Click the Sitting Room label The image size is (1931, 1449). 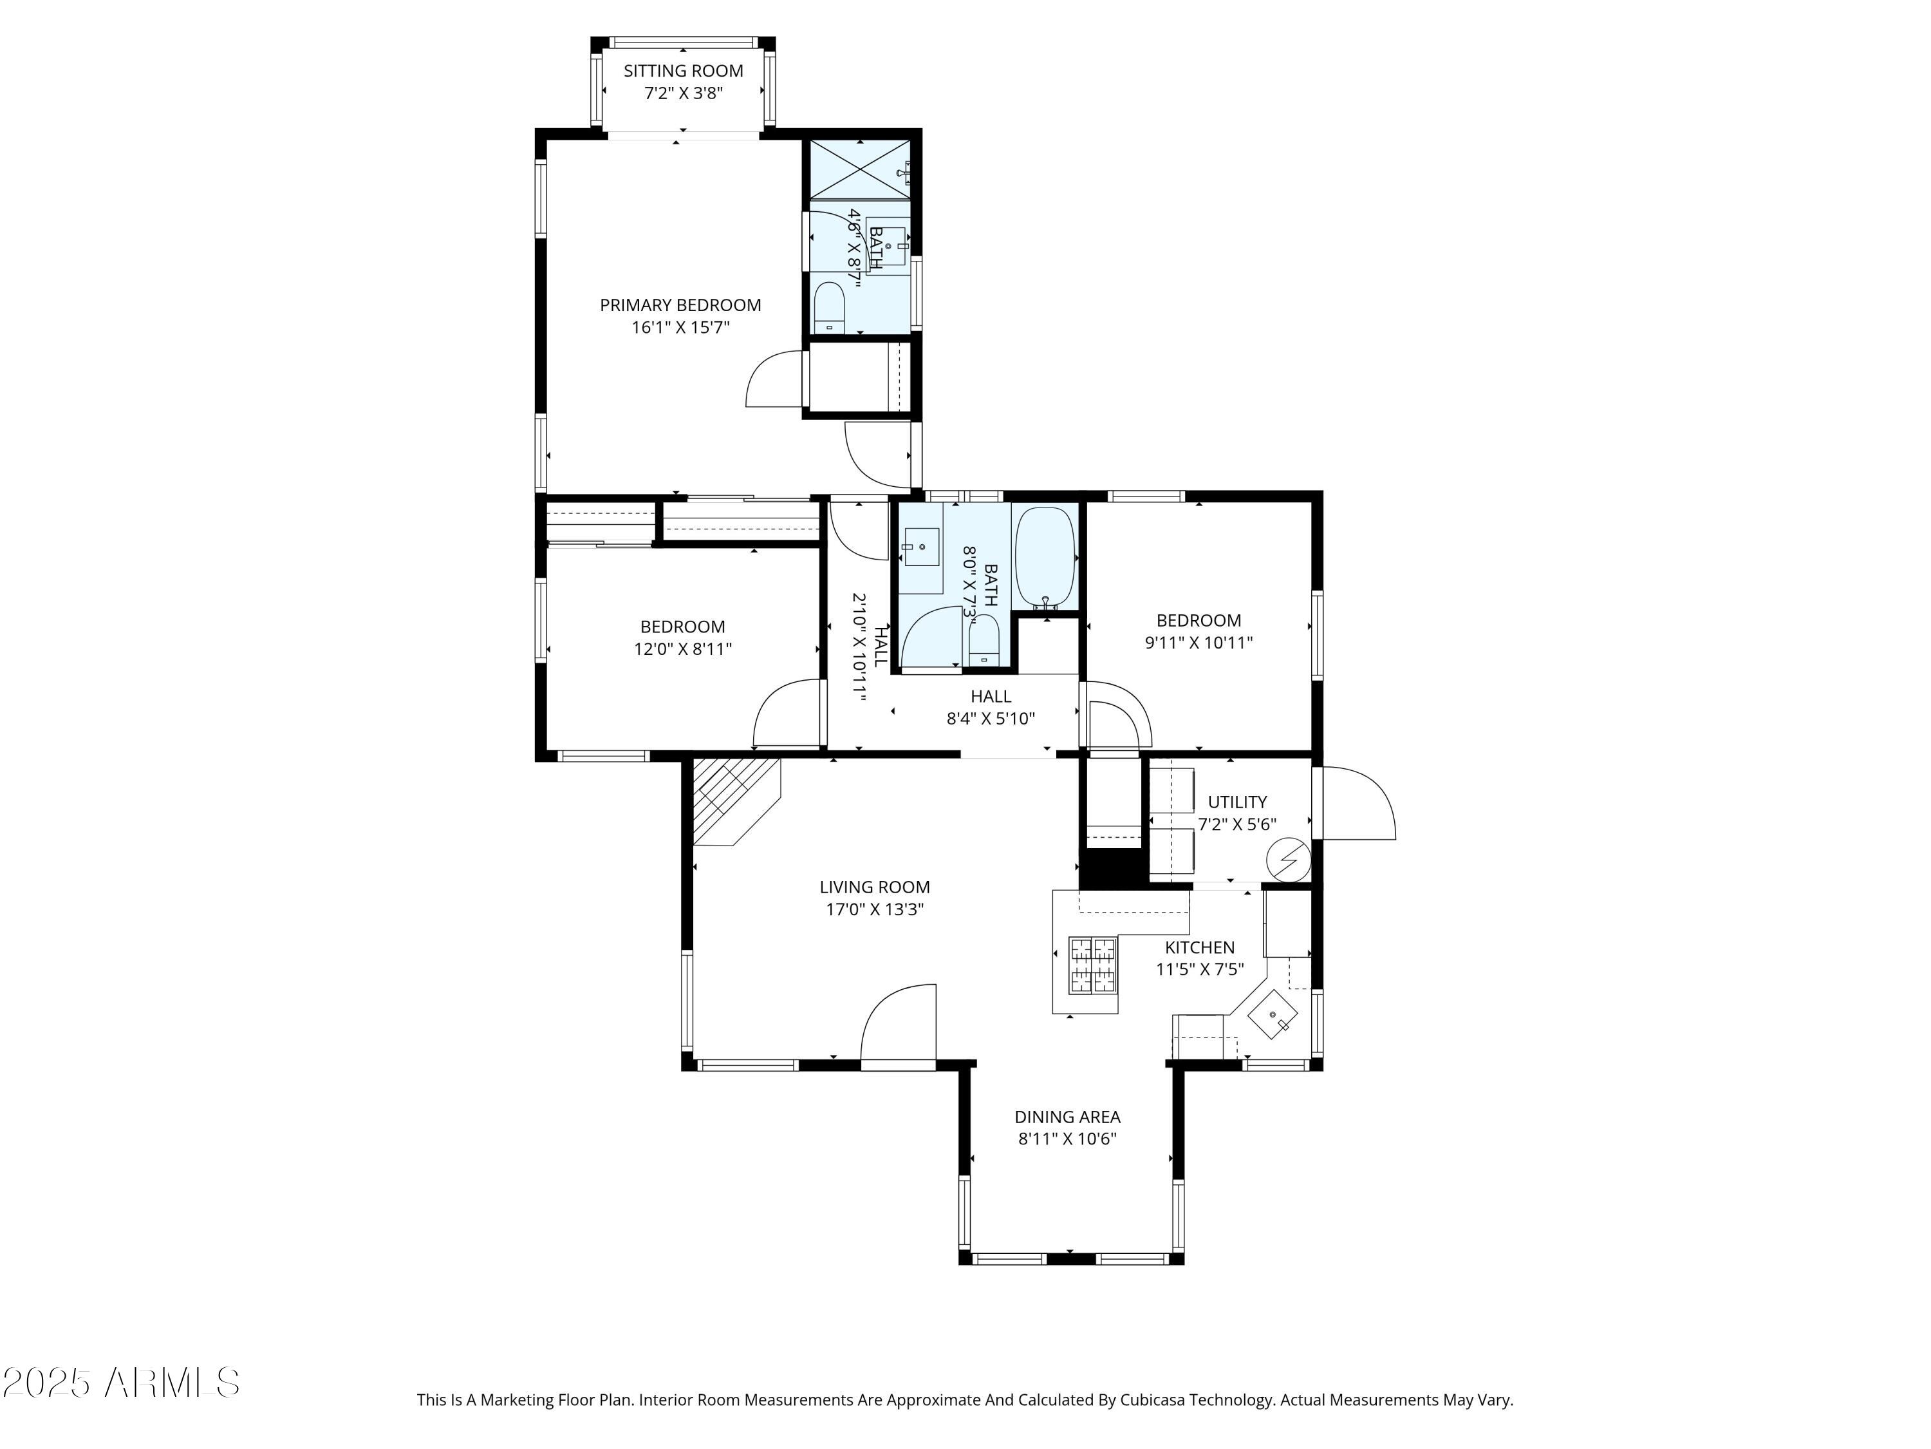pyautogui.click(x=683, y=71)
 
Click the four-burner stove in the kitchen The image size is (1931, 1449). pyautogui.click(x=1093, y=966)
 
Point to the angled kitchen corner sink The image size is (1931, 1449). pyautogui.click(x=1273, y=1016)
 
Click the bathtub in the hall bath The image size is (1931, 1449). pyautogui.click(x=1045, y=556)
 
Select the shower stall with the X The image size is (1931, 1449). pyautogui.click(x=860, y=169)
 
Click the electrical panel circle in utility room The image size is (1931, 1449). pyautogui.click(x=1289, y=861)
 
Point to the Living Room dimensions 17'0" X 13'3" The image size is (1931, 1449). pyautogui.click(x=875, y=909)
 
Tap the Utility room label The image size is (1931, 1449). pyautogui.click(x=1237, y=802)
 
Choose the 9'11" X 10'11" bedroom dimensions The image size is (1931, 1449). pyautogui.click(x=1199, y=643)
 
